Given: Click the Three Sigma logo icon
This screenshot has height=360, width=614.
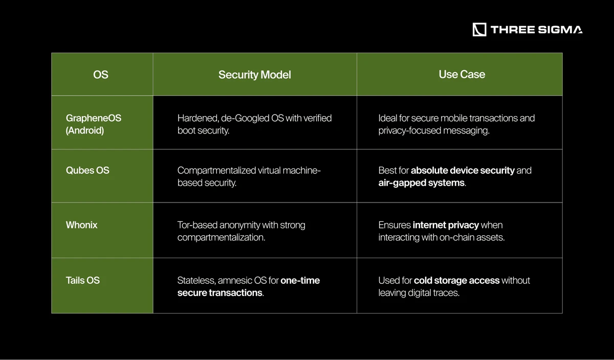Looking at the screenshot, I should tap(479, 30).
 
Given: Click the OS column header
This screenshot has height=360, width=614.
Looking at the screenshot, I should tap(101, 75).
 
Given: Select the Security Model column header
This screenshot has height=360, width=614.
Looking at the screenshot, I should tap(254, 75).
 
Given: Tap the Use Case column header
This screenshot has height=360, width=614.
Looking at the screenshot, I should tap(462, 74).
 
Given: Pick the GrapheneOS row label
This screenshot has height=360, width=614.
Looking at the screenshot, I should tap(94, 118).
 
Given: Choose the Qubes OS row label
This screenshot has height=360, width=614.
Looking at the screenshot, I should tap(87, 170).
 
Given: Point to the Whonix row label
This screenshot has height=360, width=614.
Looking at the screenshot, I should tap(82, 225).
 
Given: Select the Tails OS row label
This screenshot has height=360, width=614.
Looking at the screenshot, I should tap(83, 280).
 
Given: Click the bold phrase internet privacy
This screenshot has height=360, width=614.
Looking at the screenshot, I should tap(446, 225).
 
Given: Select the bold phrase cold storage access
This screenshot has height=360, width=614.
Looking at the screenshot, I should tap(456, 280).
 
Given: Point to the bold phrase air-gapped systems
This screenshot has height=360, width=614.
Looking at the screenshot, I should tap(421, 183).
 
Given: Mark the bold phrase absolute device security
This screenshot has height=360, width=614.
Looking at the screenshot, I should tap(463, 170).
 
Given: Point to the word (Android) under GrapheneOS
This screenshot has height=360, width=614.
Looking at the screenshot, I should tap(85, 130).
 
